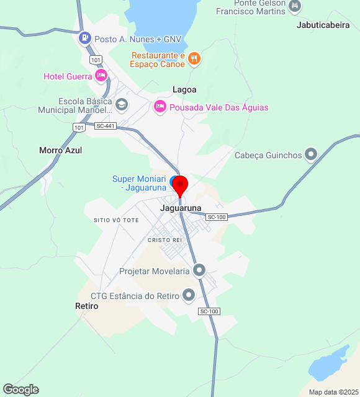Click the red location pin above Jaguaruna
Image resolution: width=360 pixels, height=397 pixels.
click(180, 185)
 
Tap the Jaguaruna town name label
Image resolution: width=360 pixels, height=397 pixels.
click(181, 208)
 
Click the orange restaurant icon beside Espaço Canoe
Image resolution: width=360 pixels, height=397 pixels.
click(194, 58)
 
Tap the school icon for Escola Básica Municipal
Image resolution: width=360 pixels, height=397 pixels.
click(122, 104)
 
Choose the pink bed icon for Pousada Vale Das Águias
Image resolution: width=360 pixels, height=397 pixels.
click(160, 107)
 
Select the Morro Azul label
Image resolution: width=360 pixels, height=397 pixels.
click(60, 150)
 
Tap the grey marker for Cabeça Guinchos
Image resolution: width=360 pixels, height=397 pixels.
click(312, 154)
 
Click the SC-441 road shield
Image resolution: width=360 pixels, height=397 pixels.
click(106, 126)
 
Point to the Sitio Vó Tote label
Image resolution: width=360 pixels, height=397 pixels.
click(116, 220)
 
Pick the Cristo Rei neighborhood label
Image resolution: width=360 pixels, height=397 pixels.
click(164, 239)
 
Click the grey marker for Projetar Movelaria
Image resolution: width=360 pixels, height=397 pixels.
click(199, 270)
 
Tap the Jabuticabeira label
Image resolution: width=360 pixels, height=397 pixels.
click(323, 26)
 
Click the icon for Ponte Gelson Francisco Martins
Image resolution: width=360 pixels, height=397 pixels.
click(295, 6)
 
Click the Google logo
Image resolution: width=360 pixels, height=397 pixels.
click(20, 390)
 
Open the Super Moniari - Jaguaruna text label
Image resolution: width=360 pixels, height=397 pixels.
click(139, 183)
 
